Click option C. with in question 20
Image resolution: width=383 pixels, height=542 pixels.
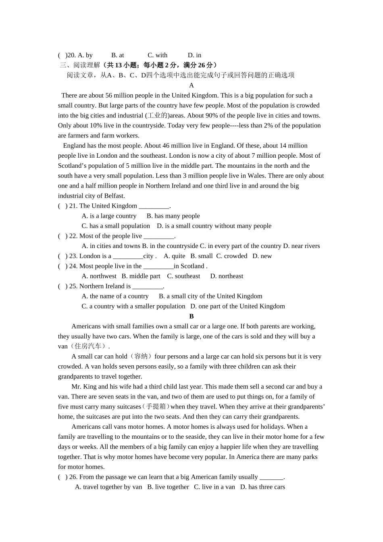[x=157, y=55]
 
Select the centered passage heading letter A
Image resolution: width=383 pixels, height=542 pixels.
[x=191, y=85]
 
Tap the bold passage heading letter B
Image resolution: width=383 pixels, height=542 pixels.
[x=191, y=317]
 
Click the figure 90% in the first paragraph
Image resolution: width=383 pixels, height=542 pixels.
[x=212, y=116]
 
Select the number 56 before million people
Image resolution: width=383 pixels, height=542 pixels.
[x=109, y=96]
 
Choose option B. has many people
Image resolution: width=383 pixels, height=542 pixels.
[x=173, y=216]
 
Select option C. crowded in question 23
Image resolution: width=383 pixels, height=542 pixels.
[x=232, y=256]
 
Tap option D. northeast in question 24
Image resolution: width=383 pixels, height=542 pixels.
[x=227, y=276]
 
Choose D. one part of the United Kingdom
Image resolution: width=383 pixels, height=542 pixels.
[x=237, y=306]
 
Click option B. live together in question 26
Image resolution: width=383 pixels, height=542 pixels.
[x=168, y=487]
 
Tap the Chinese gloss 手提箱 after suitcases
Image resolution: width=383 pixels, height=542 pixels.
[x=156, y=407]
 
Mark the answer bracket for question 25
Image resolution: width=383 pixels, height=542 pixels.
[x=62, y=286]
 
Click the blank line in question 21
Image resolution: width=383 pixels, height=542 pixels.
[x=154, y=206]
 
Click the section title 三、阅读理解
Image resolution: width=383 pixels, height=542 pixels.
[x=80, y=65]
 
